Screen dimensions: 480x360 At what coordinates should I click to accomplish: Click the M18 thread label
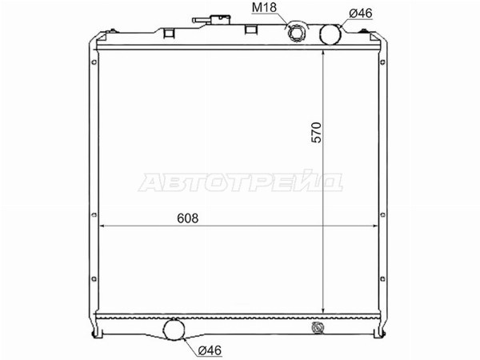coord(264,8)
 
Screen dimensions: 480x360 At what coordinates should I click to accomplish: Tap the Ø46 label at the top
coord(361,13)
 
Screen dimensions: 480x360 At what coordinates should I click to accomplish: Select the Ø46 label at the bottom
coord(210,350)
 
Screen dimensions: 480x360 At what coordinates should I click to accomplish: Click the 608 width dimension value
coord(188,218)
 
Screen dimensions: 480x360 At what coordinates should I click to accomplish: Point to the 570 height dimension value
coord(317,132)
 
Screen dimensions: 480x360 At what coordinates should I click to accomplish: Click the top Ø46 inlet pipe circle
coord(330,34)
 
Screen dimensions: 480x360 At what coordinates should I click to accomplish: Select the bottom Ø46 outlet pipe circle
coord(174,330)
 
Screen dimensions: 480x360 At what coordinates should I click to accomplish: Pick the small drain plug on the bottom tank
coord(317,327)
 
